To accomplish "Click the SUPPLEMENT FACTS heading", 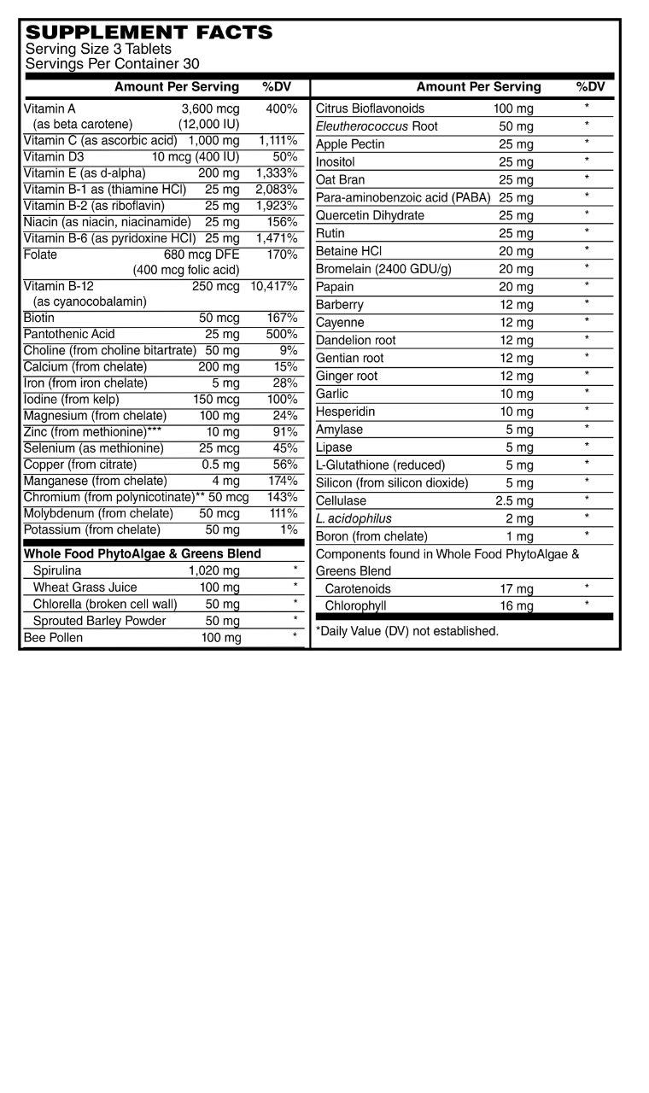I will (x=149, y=32).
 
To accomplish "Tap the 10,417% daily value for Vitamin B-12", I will (x=273, y=286).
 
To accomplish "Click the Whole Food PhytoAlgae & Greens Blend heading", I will (x=143, y=553).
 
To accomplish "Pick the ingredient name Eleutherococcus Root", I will (x=377, y=126).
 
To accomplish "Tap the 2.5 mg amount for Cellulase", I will (x=514, y=501).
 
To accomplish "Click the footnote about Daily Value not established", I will (x=407, y=631).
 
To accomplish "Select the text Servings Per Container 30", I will (x=113, y=63).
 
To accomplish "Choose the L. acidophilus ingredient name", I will (x=354, y=518).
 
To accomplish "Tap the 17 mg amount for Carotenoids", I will (x=517, y=589).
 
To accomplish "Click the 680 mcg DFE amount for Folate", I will (x=202, y=254).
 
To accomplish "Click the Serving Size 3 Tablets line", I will (x=98, y=50).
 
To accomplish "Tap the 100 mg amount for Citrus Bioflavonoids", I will (x=513, y=108).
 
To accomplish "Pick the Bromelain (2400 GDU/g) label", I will (x=383, y=269).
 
